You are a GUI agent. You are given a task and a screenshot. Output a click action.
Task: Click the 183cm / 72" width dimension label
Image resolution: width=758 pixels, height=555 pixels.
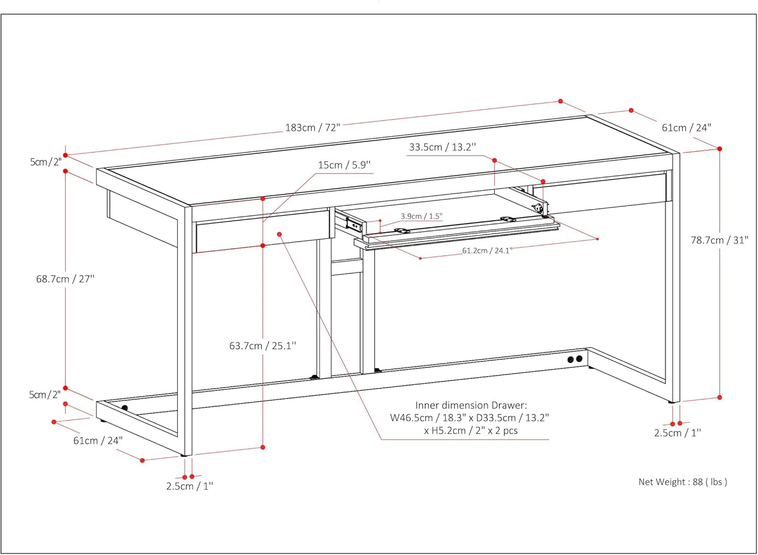coord(312,128)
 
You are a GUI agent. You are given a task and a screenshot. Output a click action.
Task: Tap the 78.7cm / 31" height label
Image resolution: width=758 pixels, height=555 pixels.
coord(719,241)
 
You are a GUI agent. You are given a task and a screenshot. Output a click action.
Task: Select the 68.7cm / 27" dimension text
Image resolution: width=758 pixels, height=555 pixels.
coord(66,279)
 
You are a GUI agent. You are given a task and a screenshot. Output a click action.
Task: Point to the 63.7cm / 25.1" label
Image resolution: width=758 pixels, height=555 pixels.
coord(263,345)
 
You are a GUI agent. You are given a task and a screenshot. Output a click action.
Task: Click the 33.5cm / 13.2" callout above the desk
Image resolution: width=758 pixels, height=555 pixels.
coord(443,147)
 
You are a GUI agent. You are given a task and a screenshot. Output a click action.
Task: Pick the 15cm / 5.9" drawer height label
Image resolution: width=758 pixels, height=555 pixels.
coord(344,165)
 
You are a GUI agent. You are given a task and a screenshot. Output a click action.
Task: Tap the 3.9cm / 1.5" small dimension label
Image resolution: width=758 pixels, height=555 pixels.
coord(422,216)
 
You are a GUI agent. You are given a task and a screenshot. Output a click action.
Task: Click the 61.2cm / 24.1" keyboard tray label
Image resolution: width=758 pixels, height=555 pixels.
coord(487,251)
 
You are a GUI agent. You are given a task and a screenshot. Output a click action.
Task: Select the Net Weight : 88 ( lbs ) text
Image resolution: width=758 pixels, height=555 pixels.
coord(682,482)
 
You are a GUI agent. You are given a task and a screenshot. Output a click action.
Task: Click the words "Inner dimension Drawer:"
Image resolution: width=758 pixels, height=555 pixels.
coord(471,405)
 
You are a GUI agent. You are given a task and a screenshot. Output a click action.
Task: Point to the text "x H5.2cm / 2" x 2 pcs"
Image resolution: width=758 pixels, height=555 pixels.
coord(471,431)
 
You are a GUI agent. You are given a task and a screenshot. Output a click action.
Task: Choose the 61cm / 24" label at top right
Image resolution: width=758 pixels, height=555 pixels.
coord(687,128)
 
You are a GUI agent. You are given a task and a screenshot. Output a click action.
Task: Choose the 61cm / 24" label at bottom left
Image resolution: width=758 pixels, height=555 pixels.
coord(98,441)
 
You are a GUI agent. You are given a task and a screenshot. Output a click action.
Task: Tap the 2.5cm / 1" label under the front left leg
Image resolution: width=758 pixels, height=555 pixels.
coord(189,486)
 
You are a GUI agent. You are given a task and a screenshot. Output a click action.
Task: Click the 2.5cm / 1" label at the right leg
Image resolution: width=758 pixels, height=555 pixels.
coord(677,433)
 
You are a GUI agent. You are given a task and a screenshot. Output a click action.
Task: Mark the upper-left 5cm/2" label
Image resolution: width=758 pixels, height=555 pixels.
coord(46,162)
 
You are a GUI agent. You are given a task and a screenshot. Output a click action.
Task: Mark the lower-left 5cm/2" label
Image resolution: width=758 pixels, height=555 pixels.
coord(45,395)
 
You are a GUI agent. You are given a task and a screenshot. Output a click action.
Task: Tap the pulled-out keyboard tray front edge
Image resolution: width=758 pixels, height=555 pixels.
coord(457,237)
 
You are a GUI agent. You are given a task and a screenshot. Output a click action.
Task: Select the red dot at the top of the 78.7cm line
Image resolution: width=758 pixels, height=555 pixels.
coord(720,149)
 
